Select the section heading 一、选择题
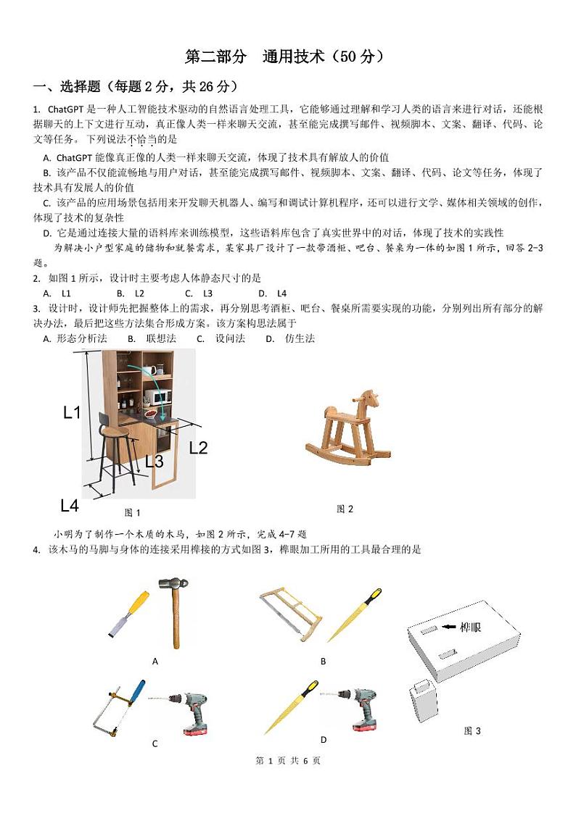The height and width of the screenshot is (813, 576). pyautogui.click(x=135, y=87)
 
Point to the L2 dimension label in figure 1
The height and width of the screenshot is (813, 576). pyautogui.click(x=198, y=447)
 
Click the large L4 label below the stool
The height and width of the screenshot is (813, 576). pyautogui.click(x=70, y=505)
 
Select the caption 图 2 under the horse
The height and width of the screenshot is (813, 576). pyautogui.click(x=345, y=509)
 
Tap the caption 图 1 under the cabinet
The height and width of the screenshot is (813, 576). pyautogui.click(x=132, y=513)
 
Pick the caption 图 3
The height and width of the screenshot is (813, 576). pyautogui.click(x=472, y=731)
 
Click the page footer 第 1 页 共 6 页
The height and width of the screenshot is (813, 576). pyautogui.click(x=288, y=761)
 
